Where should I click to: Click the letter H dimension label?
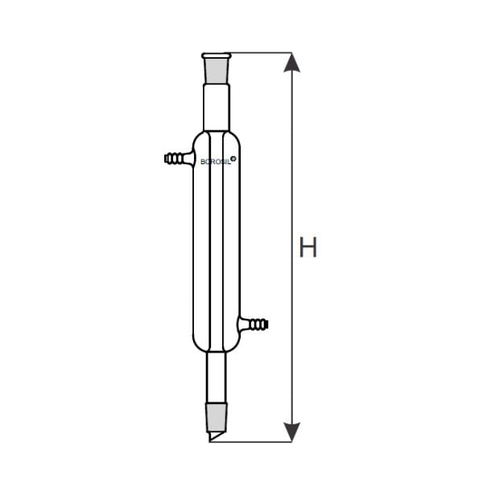coord(308,247)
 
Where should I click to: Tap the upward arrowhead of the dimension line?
coord(291,63)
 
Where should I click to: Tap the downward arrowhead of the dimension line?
coord(291,432)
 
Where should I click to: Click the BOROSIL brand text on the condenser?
coord(216,162)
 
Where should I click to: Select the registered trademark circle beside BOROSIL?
coord(233,159)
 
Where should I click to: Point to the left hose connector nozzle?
coord(179,159)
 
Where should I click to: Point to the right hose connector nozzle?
coord(253,324)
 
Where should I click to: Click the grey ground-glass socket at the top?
coord(217,71)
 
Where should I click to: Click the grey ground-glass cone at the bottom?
coord(217,416)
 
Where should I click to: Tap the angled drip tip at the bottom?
coord(216,435)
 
